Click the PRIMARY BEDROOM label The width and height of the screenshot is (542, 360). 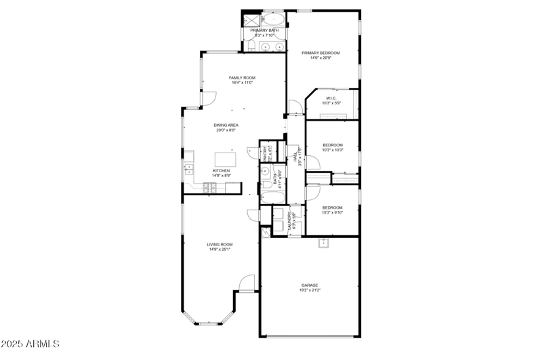(x=320, y=53)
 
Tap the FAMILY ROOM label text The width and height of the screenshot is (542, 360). (x=242, y=78)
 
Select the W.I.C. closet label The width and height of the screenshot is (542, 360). (x=331, y=98)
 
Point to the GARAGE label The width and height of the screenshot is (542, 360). (x=310, y=285)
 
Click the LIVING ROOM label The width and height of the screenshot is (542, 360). (x=220, y=244)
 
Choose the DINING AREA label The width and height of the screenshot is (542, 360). (x=226, y=125)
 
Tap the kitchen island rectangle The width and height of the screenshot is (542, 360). (x=224, y=159)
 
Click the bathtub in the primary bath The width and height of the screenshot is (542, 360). (x=273, y=19)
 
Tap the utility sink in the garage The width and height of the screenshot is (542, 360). (x=325, y=243)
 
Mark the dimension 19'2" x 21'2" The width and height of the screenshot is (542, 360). (x=310, y=290)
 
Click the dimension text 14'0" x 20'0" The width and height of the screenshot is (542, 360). (x=320, y=58)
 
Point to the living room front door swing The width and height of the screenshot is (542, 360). (x=247, y=283)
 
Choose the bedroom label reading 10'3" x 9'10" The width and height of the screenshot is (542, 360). (x=332, y=212)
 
